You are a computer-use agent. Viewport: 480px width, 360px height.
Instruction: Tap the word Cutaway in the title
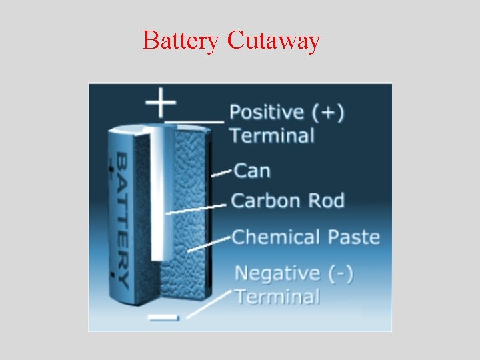tap(273, 41)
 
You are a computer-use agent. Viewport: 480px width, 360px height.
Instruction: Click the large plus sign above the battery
tap(161, 104)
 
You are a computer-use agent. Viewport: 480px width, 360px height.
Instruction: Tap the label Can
tap(253, 171)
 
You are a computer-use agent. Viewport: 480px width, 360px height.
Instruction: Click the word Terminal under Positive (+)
tap(272, 135)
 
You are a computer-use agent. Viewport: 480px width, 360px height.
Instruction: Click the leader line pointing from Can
tap(222, 173)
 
